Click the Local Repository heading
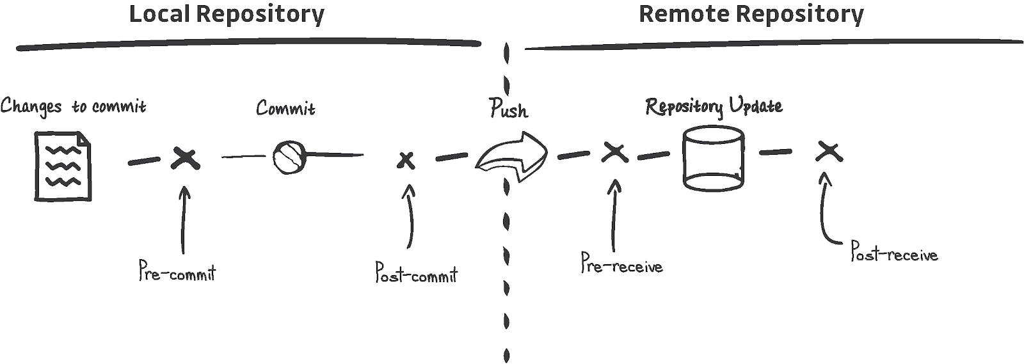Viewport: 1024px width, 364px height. [x=227, y=14]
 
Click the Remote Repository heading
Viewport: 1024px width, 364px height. [x=751, y=14]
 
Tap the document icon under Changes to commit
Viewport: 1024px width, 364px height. [x=63, y=166]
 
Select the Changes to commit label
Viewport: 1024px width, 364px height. [x=73, y=106]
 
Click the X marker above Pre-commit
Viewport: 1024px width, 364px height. [x=186, y=158]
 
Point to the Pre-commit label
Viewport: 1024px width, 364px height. [x=177, y=272]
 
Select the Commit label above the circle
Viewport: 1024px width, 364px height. [x=285, y=108]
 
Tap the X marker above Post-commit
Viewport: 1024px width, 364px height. [x=405, y=160]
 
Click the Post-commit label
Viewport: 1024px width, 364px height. [x=416, y=273]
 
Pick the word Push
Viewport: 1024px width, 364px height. [x=509, y=109]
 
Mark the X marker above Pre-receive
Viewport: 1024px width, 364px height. [x=614, y=152]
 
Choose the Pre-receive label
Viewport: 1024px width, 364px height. [x=621, y=264]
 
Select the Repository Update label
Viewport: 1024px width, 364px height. [x=714, y=106]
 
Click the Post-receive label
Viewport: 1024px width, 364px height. [x=894, y=252]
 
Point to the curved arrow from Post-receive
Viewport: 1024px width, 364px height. [x=826, y=211]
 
